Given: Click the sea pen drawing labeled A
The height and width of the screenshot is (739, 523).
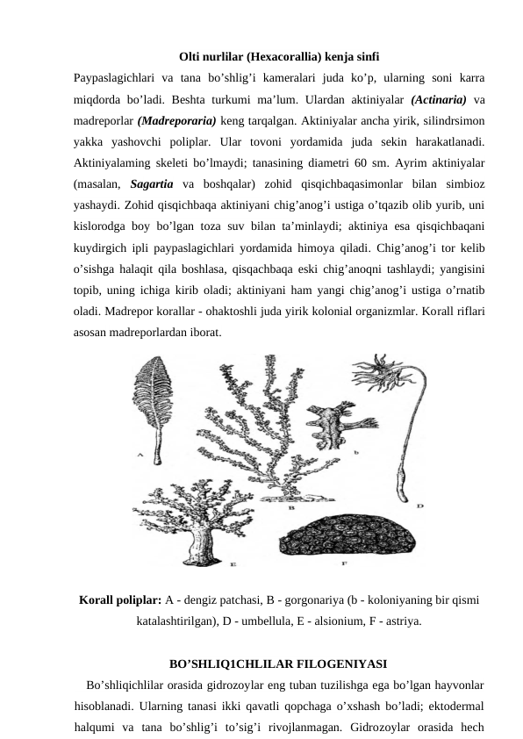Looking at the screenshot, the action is (x=156, y=404).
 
